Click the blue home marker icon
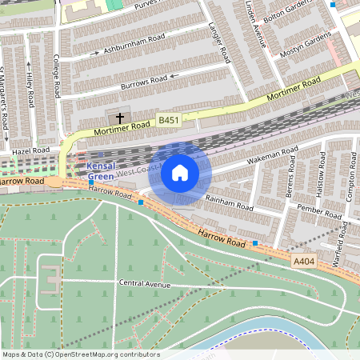(180, 172)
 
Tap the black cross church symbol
(120, 118)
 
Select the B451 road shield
(168, 120)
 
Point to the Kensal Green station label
(100, 170)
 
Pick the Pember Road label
(297, 209)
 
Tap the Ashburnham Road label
(134, 43)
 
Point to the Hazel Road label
(30, 150)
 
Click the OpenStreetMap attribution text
(80, 354)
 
